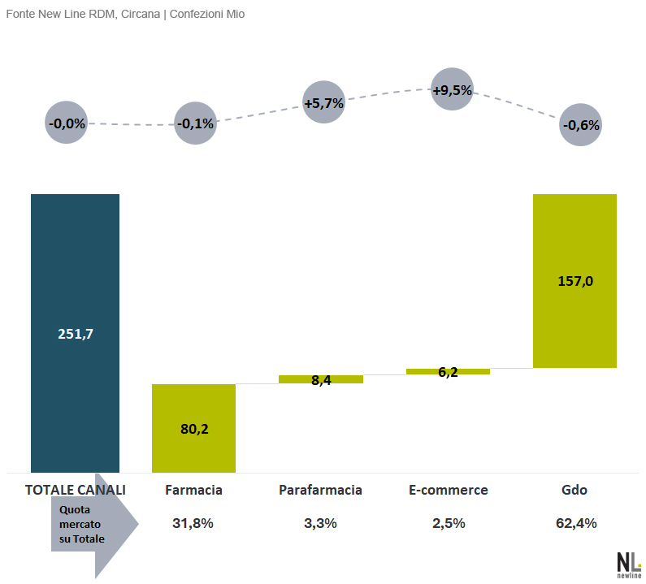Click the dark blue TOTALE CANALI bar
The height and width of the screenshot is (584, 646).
(x=75, y=333)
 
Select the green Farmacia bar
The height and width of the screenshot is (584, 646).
(x=193, y=428)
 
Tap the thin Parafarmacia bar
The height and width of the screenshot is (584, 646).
(x=321, y=379)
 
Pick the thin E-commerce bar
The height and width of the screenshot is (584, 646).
(x=449, y=371)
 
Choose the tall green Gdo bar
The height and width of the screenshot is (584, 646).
(x=574, y=281)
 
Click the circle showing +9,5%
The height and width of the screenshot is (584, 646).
(x=453, y=89)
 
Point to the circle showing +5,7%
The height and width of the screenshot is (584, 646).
(x=324, y=102)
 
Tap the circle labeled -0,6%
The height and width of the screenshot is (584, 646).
(x=580, y=124)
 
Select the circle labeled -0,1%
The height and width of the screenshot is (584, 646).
(x=195, y=123)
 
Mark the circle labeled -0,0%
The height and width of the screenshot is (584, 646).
(x=67, y=123)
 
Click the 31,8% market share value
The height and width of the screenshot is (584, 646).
(x=193, y=523)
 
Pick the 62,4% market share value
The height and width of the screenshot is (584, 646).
(x=576, y=523)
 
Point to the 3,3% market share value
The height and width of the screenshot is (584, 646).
(x=320, y=523)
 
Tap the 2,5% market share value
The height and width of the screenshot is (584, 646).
(x=449, y=523)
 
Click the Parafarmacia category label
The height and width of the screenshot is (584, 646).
(x=320, y=490)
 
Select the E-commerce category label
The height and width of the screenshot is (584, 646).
(x=449, y=490)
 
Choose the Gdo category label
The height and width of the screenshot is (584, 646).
(x=574, y=490)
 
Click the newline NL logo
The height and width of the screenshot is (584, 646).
(x=629, y=565)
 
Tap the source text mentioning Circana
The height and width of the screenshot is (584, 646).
(x=125, y=14)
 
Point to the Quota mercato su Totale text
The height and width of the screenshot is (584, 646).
(x=81, y=524)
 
